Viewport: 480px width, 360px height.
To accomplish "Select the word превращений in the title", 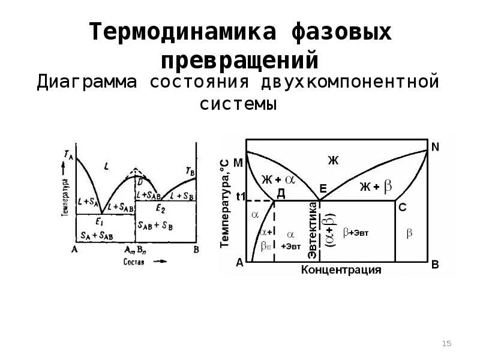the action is [240, 60].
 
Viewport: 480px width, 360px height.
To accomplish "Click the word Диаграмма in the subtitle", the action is [86, 81].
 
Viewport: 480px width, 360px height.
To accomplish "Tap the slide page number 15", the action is [446, 343].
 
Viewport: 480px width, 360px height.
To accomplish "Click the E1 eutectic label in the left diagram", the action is [103, 220].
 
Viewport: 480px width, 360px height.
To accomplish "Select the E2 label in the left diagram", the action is [160, 208].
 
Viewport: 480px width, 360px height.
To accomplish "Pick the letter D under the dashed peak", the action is [140, 181].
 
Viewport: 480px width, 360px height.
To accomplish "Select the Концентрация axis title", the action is [341, 269].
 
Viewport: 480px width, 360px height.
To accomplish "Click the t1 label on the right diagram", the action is [241, 196].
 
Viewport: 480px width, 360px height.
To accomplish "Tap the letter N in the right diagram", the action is [435, 146].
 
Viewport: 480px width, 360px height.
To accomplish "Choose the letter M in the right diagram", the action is [238, 163].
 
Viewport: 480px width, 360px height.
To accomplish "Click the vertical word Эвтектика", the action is [312, 231].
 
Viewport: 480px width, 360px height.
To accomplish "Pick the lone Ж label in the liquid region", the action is [334, 160].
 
